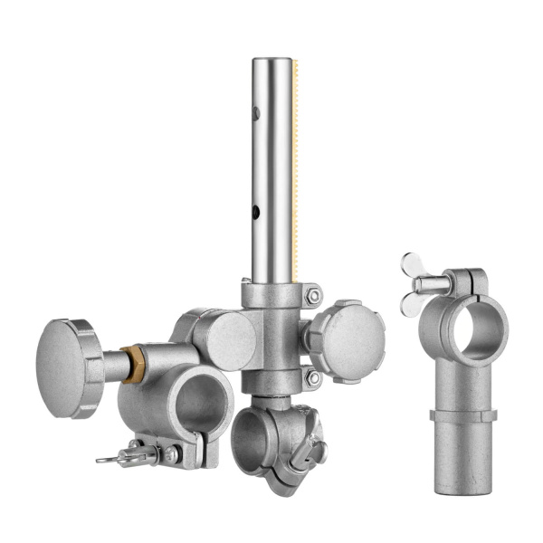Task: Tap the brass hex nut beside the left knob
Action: (133, 364)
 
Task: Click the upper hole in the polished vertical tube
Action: (256, 113)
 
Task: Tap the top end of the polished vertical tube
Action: (272, 62)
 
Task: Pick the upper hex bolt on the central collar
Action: (313, 295)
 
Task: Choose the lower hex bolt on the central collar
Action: (313, 377)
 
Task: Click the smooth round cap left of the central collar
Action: (223, 340)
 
